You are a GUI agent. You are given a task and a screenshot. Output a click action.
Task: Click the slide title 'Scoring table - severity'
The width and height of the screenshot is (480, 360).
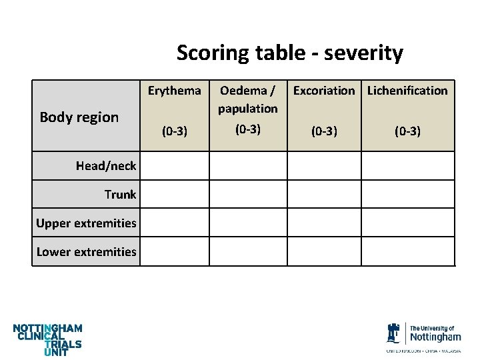click(289, 53)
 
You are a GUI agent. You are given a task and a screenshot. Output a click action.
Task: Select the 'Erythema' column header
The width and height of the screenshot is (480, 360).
click(175, 90)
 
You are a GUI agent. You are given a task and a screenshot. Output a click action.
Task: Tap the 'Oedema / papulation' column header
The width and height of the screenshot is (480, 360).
click(248, 99)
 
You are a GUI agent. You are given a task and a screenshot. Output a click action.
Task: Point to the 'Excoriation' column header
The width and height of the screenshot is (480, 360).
click(324, 90)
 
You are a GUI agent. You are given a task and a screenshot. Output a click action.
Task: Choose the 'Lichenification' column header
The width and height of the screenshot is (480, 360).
click(407, 90)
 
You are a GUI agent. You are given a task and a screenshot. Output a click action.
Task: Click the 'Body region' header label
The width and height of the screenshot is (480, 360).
click(79, 117)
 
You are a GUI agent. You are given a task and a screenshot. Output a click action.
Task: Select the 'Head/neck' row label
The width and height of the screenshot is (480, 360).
click(106, 166)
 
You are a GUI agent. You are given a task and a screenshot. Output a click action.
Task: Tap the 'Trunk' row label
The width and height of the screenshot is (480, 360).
click(120, 195)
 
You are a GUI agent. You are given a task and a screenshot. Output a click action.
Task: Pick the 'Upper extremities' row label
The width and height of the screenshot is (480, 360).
click(87, 223)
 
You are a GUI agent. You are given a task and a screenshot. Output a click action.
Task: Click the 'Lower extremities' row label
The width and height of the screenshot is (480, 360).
click(87, 251)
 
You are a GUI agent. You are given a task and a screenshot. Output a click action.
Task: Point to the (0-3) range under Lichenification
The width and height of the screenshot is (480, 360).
click(407, 131)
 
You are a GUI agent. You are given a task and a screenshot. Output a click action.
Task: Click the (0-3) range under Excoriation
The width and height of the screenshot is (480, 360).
click(324, 131)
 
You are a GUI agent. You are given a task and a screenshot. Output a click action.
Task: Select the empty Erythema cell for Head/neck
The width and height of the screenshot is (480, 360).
click(175, 166)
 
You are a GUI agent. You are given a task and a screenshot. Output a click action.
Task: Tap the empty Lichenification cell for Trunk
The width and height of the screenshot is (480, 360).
click(407, 195)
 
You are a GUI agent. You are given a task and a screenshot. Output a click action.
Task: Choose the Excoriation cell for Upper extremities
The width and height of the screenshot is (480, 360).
click(324, 223)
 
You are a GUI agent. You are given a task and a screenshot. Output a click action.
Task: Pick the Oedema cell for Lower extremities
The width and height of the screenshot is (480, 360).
click(248, 251)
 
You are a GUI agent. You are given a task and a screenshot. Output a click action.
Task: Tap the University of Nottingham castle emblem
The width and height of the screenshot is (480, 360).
click(394, 333)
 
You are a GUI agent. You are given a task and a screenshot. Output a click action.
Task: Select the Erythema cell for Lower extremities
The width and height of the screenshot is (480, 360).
click(175, 251)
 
